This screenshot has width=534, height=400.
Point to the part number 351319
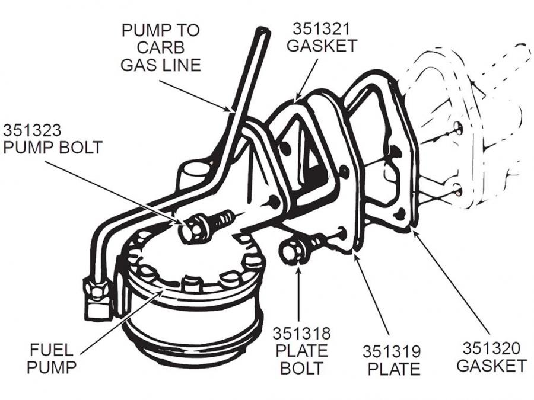point(393,351)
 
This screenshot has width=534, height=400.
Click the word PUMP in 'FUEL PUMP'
point(50,367)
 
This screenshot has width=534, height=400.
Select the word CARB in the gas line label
point(161,47)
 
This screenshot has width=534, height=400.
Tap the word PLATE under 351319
point(393,369)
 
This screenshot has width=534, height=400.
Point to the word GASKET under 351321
point(322,46)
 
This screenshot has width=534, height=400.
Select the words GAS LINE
point(161,64)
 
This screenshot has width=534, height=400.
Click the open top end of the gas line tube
point(262,30)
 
